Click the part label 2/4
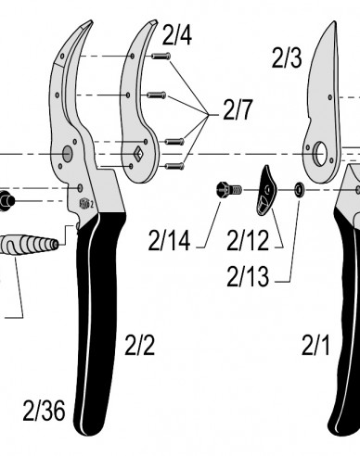point(177,36)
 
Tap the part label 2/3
point(287,59)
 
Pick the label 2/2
point(139,347)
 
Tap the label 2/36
point(44,409)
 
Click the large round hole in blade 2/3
point(322,152)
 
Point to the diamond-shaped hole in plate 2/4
point(135,152)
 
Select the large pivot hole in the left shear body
point(68,152)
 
